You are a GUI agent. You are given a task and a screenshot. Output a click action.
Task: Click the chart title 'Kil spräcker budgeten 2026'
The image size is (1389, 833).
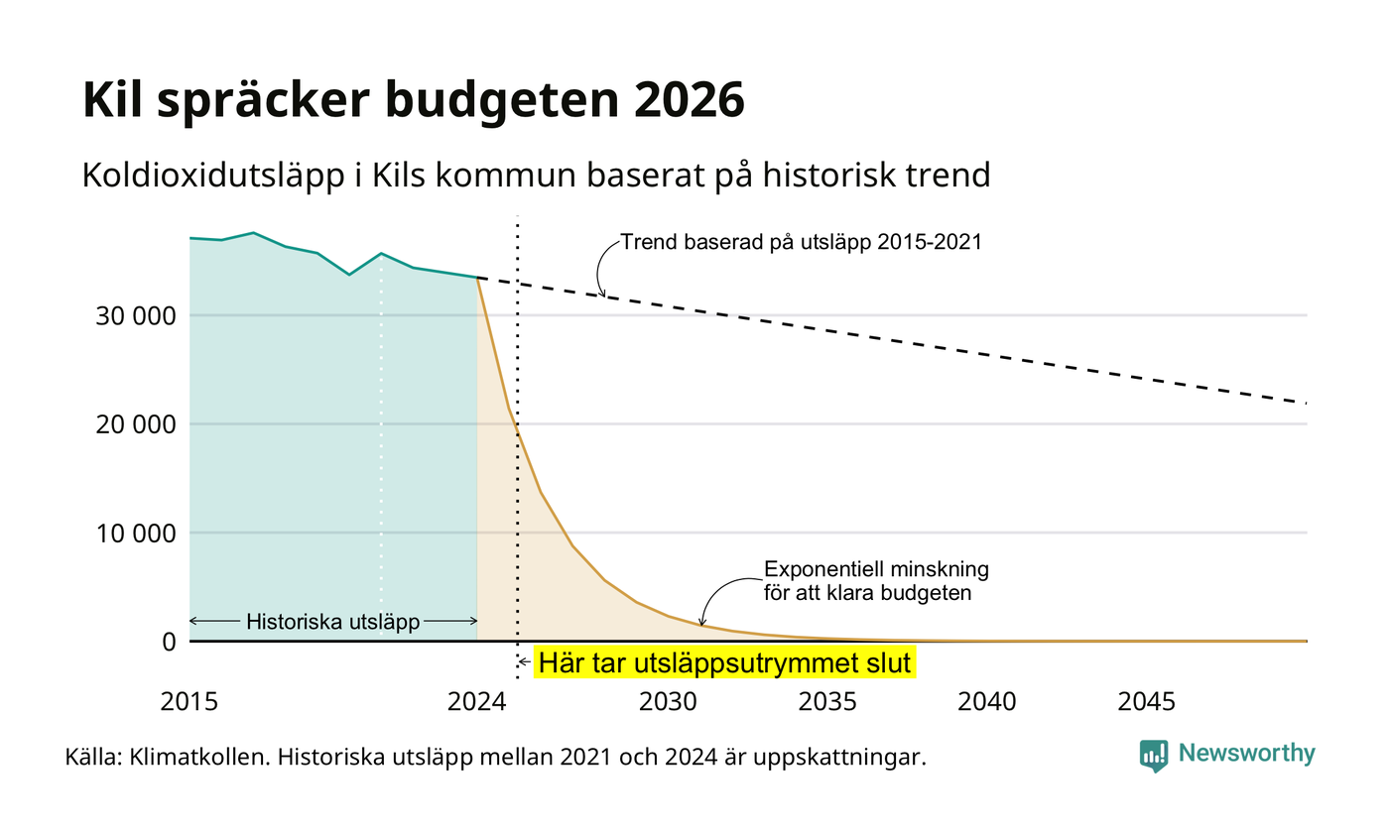coord(413,100)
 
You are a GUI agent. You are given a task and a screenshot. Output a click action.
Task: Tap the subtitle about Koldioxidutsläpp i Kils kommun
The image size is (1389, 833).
coord(537,176)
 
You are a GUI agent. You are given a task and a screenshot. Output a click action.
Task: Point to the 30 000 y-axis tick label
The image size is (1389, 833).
coord(136,316)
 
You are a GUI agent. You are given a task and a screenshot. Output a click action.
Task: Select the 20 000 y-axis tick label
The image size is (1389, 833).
coord(136,424)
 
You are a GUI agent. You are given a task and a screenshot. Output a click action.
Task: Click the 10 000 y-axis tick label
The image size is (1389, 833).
coord(136,534)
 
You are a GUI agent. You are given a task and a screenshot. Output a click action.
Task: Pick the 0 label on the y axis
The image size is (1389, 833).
coord(170,642)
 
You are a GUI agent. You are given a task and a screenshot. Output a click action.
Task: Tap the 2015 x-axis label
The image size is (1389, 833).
coord(189,702)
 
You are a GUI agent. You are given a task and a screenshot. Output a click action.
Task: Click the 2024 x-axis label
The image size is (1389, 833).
coord(477,702)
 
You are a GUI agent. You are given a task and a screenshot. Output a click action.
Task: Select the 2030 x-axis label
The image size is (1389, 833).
coord(669,702)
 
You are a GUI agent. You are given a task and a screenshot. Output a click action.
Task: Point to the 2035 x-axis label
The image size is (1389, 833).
coord(827,702)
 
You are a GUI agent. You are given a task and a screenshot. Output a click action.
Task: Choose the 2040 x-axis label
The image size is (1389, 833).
coord(987,702)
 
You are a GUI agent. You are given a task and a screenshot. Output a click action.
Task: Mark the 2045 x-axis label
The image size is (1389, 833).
coord(1147,702)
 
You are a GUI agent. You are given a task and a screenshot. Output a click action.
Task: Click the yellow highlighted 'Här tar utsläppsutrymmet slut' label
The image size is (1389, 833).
coord(724,662)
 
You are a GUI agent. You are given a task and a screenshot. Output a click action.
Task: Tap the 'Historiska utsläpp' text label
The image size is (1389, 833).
coord(333,621)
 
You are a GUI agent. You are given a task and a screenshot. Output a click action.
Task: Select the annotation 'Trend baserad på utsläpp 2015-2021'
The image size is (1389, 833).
coord(802,242)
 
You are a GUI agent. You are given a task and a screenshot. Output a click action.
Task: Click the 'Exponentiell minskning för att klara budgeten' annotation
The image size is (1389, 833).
coord(875,581)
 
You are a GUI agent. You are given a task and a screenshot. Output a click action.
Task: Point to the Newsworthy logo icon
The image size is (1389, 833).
coord(1153,756)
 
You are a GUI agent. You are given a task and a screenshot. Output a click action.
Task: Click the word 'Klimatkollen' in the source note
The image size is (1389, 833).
coord(199,757)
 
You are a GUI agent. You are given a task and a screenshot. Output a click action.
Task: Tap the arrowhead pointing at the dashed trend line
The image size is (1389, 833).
coord(601,293)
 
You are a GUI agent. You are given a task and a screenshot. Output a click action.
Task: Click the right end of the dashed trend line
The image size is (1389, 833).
coord(1307,404)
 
